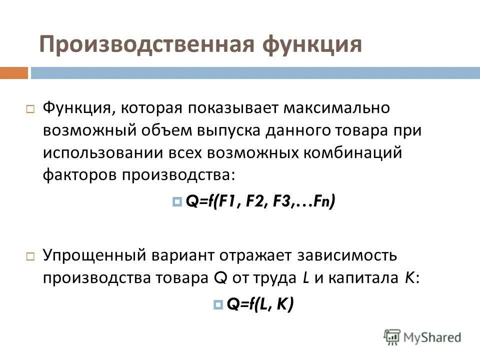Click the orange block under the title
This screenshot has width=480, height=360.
(14, 73)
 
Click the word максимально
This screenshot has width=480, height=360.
(342, 107)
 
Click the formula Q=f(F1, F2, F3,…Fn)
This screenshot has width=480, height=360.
(260, 201)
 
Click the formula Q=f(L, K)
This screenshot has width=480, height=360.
(260, 303)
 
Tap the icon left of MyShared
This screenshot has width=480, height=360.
(392, 336)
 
